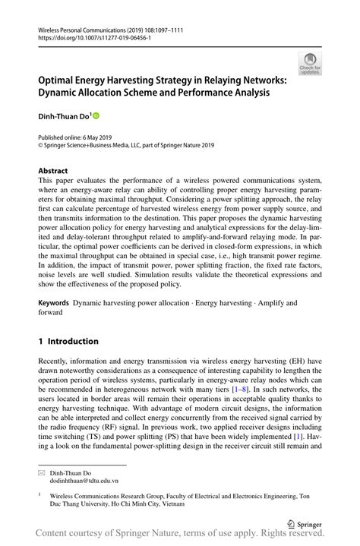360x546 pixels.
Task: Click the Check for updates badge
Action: point(309,63)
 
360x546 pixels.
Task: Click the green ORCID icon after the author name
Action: point(96,116)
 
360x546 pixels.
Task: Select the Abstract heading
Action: point(53,171)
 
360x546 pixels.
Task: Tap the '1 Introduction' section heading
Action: point(68,341)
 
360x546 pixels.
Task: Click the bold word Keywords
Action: point(54,302)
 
